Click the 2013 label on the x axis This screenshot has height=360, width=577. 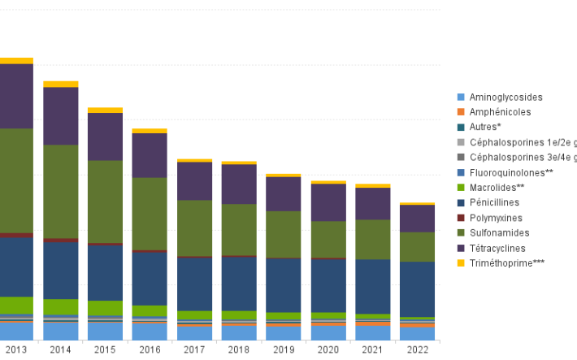point(15,349)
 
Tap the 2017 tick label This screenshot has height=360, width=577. point(194,349)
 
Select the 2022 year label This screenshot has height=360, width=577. point(416,349)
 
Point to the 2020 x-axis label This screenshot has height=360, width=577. point(328,349)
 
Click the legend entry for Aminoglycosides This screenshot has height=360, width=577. point(505,98)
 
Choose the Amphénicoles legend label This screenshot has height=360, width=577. point(500,112)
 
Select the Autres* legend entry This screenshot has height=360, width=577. point(485,128)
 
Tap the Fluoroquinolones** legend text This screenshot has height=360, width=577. point(511,172)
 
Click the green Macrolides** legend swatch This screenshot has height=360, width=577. point(462,188)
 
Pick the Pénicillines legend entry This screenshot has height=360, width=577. point(495,202)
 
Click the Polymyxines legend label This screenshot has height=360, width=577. point(497,218)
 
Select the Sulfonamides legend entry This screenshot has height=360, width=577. point(499,233)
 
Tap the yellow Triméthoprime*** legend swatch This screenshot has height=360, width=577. point(462,263)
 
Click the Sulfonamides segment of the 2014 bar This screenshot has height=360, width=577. point(60,191)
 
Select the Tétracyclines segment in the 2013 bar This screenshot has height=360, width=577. point(15,95)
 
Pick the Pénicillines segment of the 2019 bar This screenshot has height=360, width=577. point(283,284)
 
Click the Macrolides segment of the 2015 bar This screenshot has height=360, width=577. point(105,308)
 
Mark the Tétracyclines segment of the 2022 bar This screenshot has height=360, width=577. point(416,219)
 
